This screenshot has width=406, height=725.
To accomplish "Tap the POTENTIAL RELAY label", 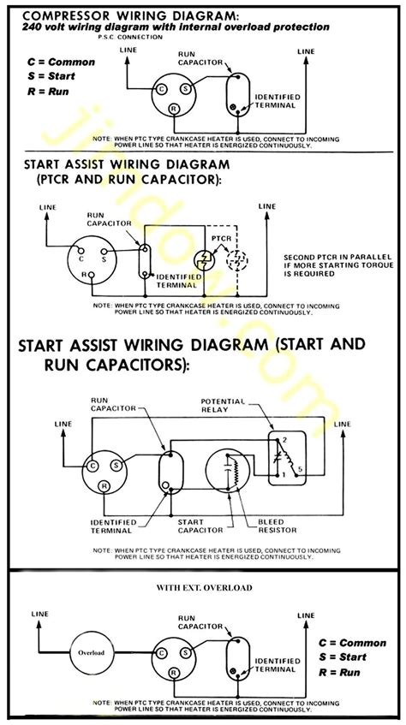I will [223, 406].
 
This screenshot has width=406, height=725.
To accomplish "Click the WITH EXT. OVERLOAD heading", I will [203, 588].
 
